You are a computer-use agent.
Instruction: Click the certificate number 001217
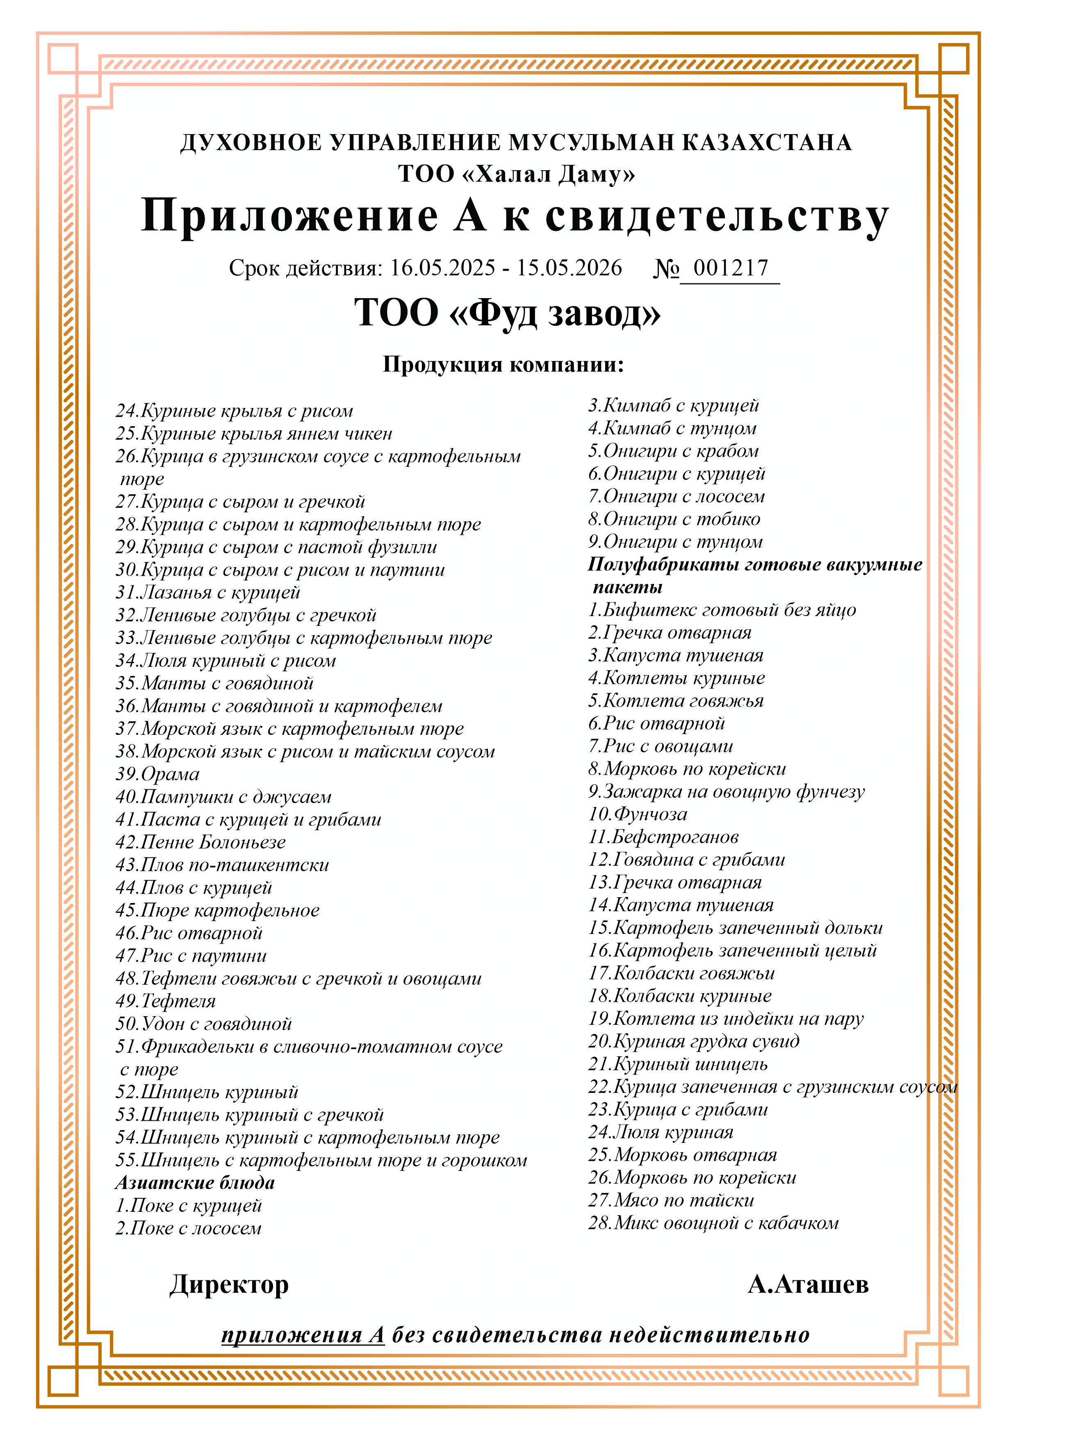coord(730,268)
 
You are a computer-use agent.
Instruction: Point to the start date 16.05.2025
coord(442,268)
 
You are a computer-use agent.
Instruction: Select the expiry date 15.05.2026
coord(569,268)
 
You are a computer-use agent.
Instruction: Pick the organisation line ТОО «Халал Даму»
coord(516,174)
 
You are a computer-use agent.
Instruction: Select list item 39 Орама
coord(158,774)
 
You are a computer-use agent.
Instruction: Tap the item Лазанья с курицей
coord(208,593)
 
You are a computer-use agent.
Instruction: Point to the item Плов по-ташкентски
coord(223,865)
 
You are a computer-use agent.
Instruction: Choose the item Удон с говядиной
coord(204,1024)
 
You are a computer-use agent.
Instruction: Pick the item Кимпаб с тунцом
coord(672,428)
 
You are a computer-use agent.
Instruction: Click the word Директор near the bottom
coord(229,1284)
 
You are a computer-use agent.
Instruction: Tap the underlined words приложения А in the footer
coord(303,1335)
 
